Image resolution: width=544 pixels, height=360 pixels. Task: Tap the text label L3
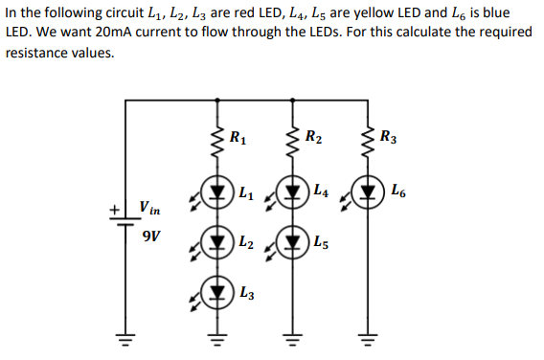tap(246, 292)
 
